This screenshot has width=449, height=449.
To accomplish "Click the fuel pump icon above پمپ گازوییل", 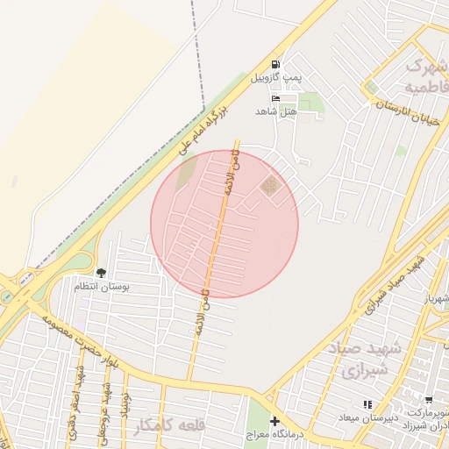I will tap(276, 64).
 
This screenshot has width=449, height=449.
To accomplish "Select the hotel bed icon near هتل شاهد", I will tap(276, 99).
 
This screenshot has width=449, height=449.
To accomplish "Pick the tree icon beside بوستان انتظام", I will tap(101, 273).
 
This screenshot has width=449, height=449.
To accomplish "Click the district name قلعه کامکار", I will tap(169, 427).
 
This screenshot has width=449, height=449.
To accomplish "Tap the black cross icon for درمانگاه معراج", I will tap(274, 422).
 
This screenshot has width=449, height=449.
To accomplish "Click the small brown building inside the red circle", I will tap(270, 184).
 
